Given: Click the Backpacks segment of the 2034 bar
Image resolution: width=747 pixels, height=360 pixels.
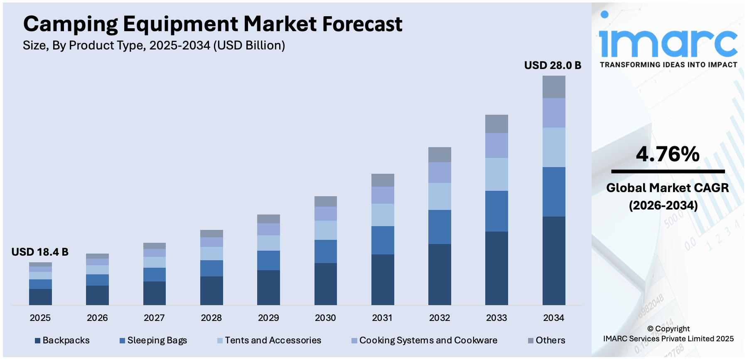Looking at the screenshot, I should click(x=553, y=261).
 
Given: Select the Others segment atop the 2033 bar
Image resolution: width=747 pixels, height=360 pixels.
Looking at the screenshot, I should click(x=496, y=124).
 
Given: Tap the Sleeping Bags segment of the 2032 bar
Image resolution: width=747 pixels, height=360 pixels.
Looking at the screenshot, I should click(x=440, y=227).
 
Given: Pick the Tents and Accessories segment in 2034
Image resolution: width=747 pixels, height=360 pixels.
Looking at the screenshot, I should click(x=553, y=147).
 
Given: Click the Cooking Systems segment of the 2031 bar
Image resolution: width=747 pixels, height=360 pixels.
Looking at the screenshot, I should click(x=382, y=195).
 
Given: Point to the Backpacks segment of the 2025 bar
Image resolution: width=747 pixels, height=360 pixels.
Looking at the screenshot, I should click(x=40, y=297).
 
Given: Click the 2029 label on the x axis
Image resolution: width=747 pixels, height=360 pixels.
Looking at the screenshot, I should click(x=268, y=318).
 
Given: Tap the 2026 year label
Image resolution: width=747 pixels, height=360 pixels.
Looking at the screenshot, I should click(x=97, y=318).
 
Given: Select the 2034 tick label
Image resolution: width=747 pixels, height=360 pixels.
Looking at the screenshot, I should click(x=553, y=318).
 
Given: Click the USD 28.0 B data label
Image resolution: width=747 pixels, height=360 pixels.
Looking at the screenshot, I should click(x=552, y=66).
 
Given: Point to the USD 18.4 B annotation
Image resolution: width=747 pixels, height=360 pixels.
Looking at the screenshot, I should click(x=40, y=252).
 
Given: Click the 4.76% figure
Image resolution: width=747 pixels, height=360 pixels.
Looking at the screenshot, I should click(x=668, y=154).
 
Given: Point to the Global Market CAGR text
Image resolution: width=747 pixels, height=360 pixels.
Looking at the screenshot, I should click(x=667, y=188).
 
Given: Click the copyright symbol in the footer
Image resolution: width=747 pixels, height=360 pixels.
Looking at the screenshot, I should click(x=650, y=329).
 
